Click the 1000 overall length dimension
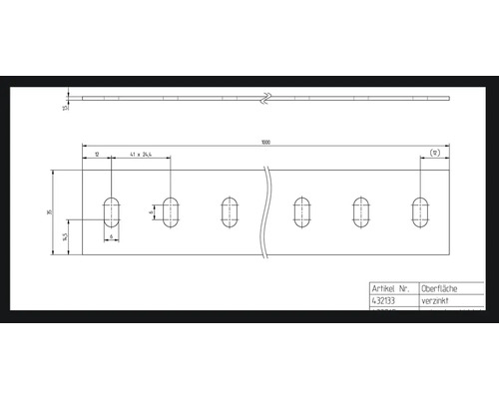coord(265,143)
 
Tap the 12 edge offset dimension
coord(97,155)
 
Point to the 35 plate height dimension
coord(64,212)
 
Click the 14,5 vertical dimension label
coord(64,237)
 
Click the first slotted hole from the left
coord(112,212)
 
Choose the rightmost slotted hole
coord(419,212)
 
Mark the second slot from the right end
coord(360,212)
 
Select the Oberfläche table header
coord(441,286)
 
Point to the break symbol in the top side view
coord(266,98)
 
